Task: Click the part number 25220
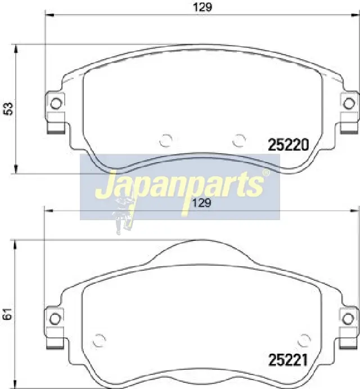click(289, 145)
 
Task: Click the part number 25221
click(288, 360)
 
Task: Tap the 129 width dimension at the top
click(202, 7)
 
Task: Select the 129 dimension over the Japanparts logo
click(202, 203)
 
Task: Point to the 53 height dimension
click(8, 109)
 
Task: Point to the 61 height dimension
click(8, 314)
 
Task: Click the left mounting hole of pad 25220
click(56, 103)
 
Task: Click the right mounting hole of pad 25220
click(349, 103)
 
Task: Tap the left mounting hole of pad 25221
click(55, 319)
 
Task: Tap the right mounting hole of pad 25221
click(348, 319)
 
